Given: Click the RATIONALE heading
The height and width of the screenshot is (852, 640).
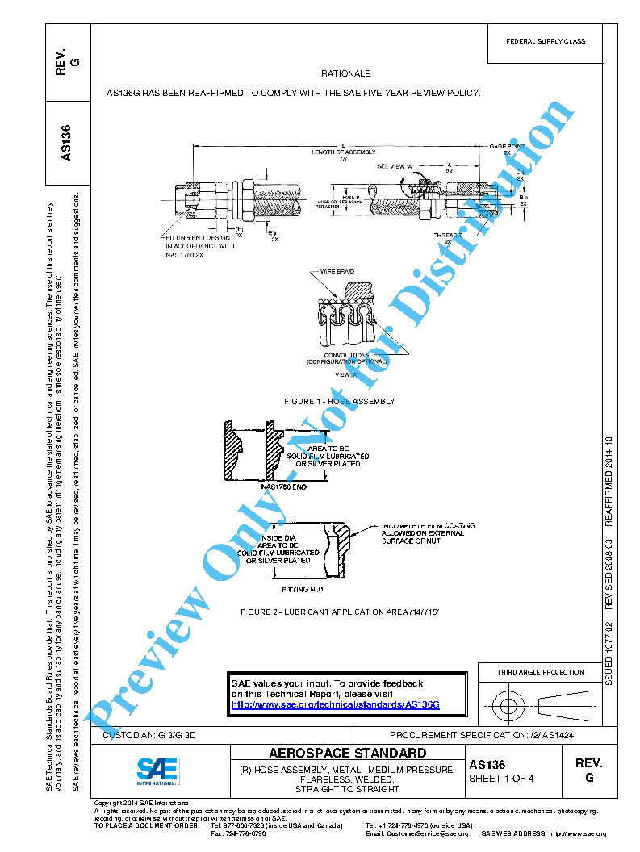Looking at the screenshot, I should point(345,73).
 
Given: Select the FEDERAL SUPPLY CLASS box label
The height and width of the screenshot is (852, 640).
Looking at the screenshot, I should point(546,41).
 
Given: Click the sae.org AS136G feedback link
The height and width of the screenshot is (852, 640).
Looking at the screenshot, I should point(335,704).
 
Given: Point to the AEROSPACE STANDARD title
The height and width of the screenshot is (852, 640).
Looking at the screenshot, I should point(348,754).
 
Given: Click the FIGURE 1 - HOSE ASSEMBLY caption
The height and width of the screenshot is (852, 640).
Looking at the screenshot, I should point(339,401).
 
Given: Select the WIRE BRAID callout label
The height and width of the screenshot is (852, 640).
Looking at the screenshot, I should point(340,272).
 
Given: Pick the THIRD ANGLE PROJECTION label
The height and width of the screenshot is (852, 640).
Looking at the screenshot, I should point(540,672).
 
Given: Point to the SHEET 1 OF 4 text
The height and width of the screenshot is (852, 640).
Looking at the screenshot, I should point(501,779).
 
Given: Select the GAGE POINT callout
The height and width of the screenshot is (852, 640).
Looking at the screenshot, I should point(506,146).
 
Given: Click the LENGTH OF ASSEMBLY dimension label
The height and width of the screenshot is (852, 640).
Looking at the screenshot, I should point(343,152).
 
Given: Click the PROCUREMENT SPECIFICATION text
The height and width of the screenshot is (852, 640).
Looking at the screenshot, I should point(481,736).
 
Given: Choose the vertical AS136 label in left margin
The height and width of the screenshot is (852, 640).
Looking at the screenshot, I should point(68,141).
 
